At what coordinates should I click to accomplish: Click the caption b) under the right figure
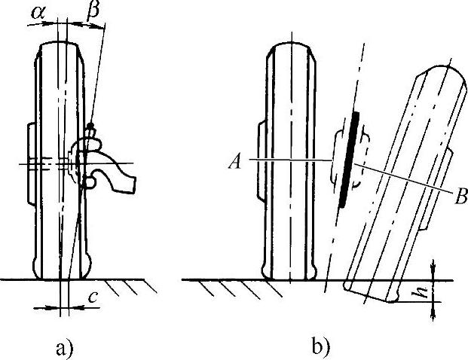coord(319,347)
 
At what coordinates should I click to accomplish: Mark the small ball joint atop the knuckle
coord(90,125)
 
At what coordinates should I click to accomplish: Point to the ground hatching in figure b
coord(226,288)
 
